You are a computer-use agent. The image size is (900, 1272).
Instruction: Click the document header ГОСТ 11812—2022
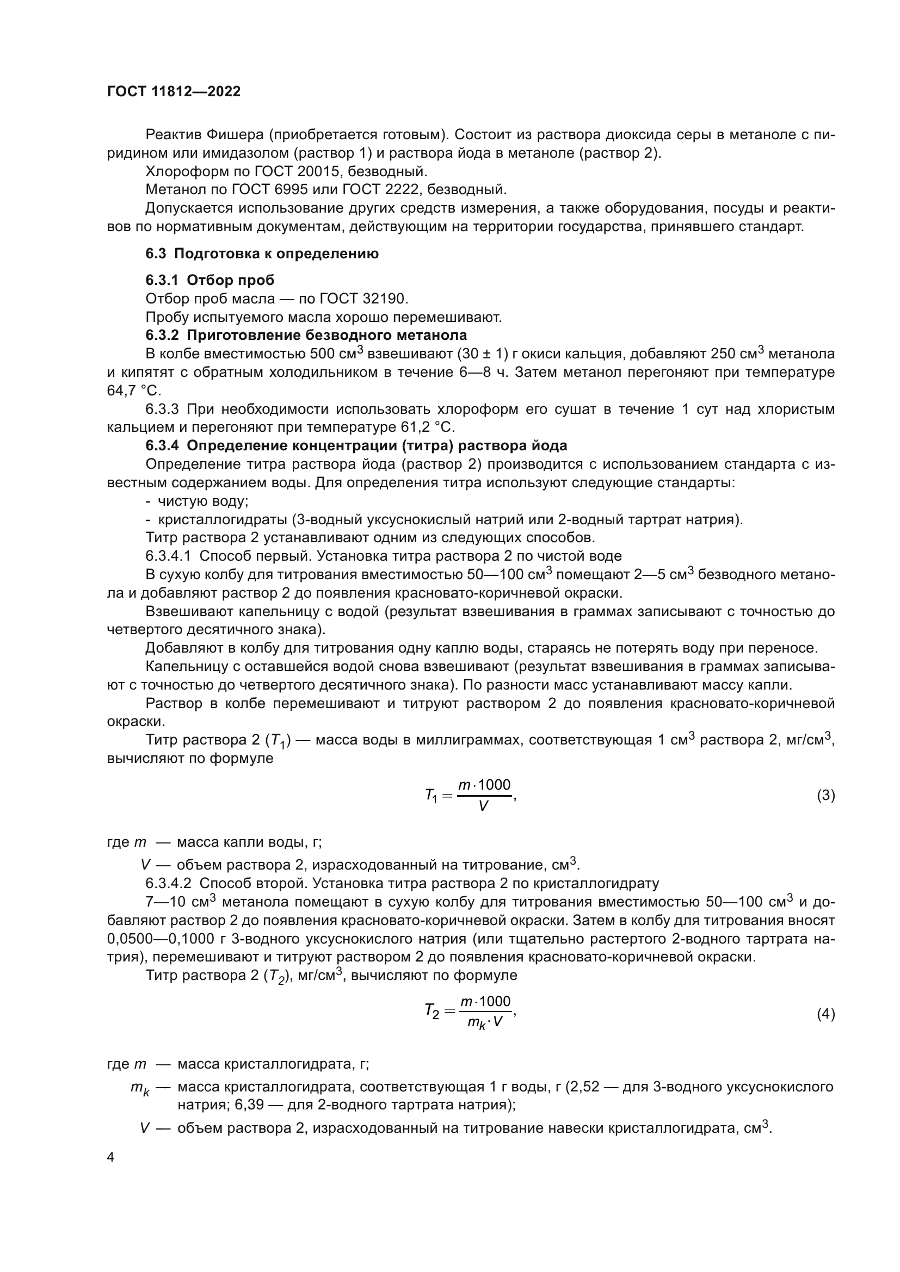tap(174, 92)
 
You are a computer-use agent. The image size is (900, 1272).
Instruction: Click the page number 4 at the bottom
tap(111, 1157)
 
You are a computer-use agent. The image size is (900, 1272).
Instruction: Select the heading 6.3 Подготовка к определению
tap(262, 254)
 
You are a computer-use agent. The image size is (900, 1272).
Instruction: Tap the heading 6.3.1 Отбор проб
tap(210, 280)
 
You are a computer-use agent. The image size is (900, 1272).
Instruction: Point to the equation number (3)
tap(826, 796)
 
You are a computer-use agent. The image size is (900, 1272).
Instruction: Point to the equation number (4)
tap(826, 1014)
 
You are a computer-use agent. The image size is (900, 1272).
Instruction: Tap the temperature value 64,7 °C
tap(133, 390)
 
